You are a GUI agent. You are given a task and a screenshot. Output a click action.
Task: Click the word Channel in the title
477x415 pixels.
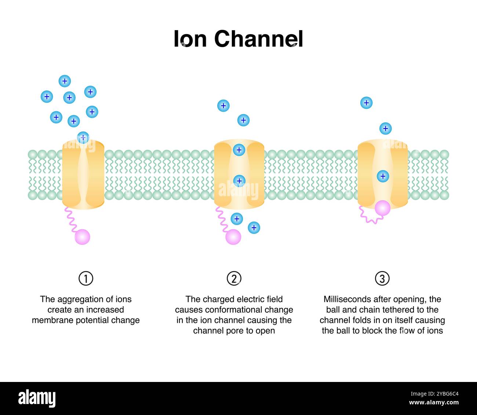click(258, 39)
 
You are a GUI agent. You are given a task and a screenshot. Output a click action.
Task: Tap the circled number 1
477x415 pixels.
click(86, 279)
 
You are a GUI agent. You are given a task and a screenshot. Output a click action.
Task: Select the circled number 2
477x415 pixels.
click(234, 279)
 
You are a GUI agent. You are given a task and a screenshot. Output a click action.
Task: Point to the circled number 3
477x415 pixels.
click(382, 279)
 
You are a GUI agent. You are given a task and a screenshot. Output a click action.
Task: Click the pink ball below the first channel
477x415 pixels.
click(82, 237)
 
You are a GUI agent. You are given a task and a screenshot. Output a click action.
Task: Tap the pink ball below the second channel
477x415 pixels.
click(233, 237)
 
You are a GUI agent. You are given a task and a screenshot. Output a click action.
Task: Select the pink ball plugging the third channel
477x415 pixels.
click(382, 208)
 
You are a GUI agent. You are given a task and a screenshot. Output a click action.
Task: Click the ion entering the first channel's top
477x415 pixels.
click(83, 138)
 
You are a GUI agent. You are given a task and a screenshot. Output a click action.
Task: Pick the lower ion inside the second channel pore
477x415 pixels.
click(239, 180)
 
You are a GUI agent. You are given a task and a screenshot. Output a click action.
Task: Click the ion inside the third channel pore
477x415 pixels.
click(383, 176)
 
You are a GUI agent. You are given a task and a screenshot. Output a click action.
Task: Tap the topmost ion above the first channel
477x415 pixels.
click(65, 81)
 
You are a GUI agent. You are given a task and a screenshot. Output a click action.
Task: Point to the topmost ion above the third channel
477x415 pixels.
click(366, 103)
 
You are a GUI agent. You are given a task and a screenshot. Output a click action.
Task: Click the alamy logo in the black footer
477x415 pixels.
click(37, 398)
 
